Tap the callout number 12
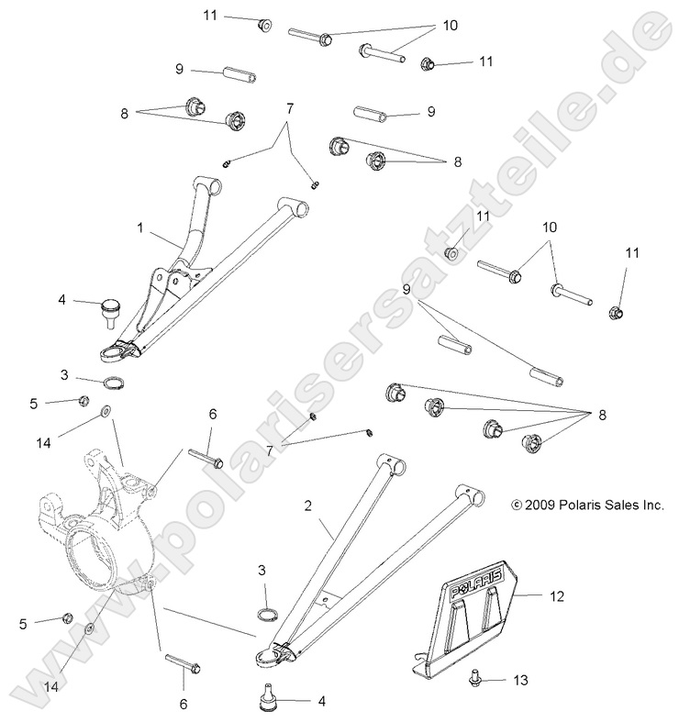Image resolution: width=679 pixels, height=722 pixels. click(x=556, y=595)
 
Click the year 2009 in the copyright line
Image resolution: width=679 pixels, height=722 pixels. click(x=540, y=505)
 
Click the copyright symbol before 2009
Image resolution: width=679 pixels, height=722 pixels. click(x=517, y=505)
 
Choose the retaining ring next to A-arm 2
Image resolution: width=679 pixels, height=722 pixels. click(x=266, y=614)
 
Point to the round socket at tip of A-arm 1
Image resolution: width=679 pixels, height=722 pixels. click(x=115, y=349)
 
